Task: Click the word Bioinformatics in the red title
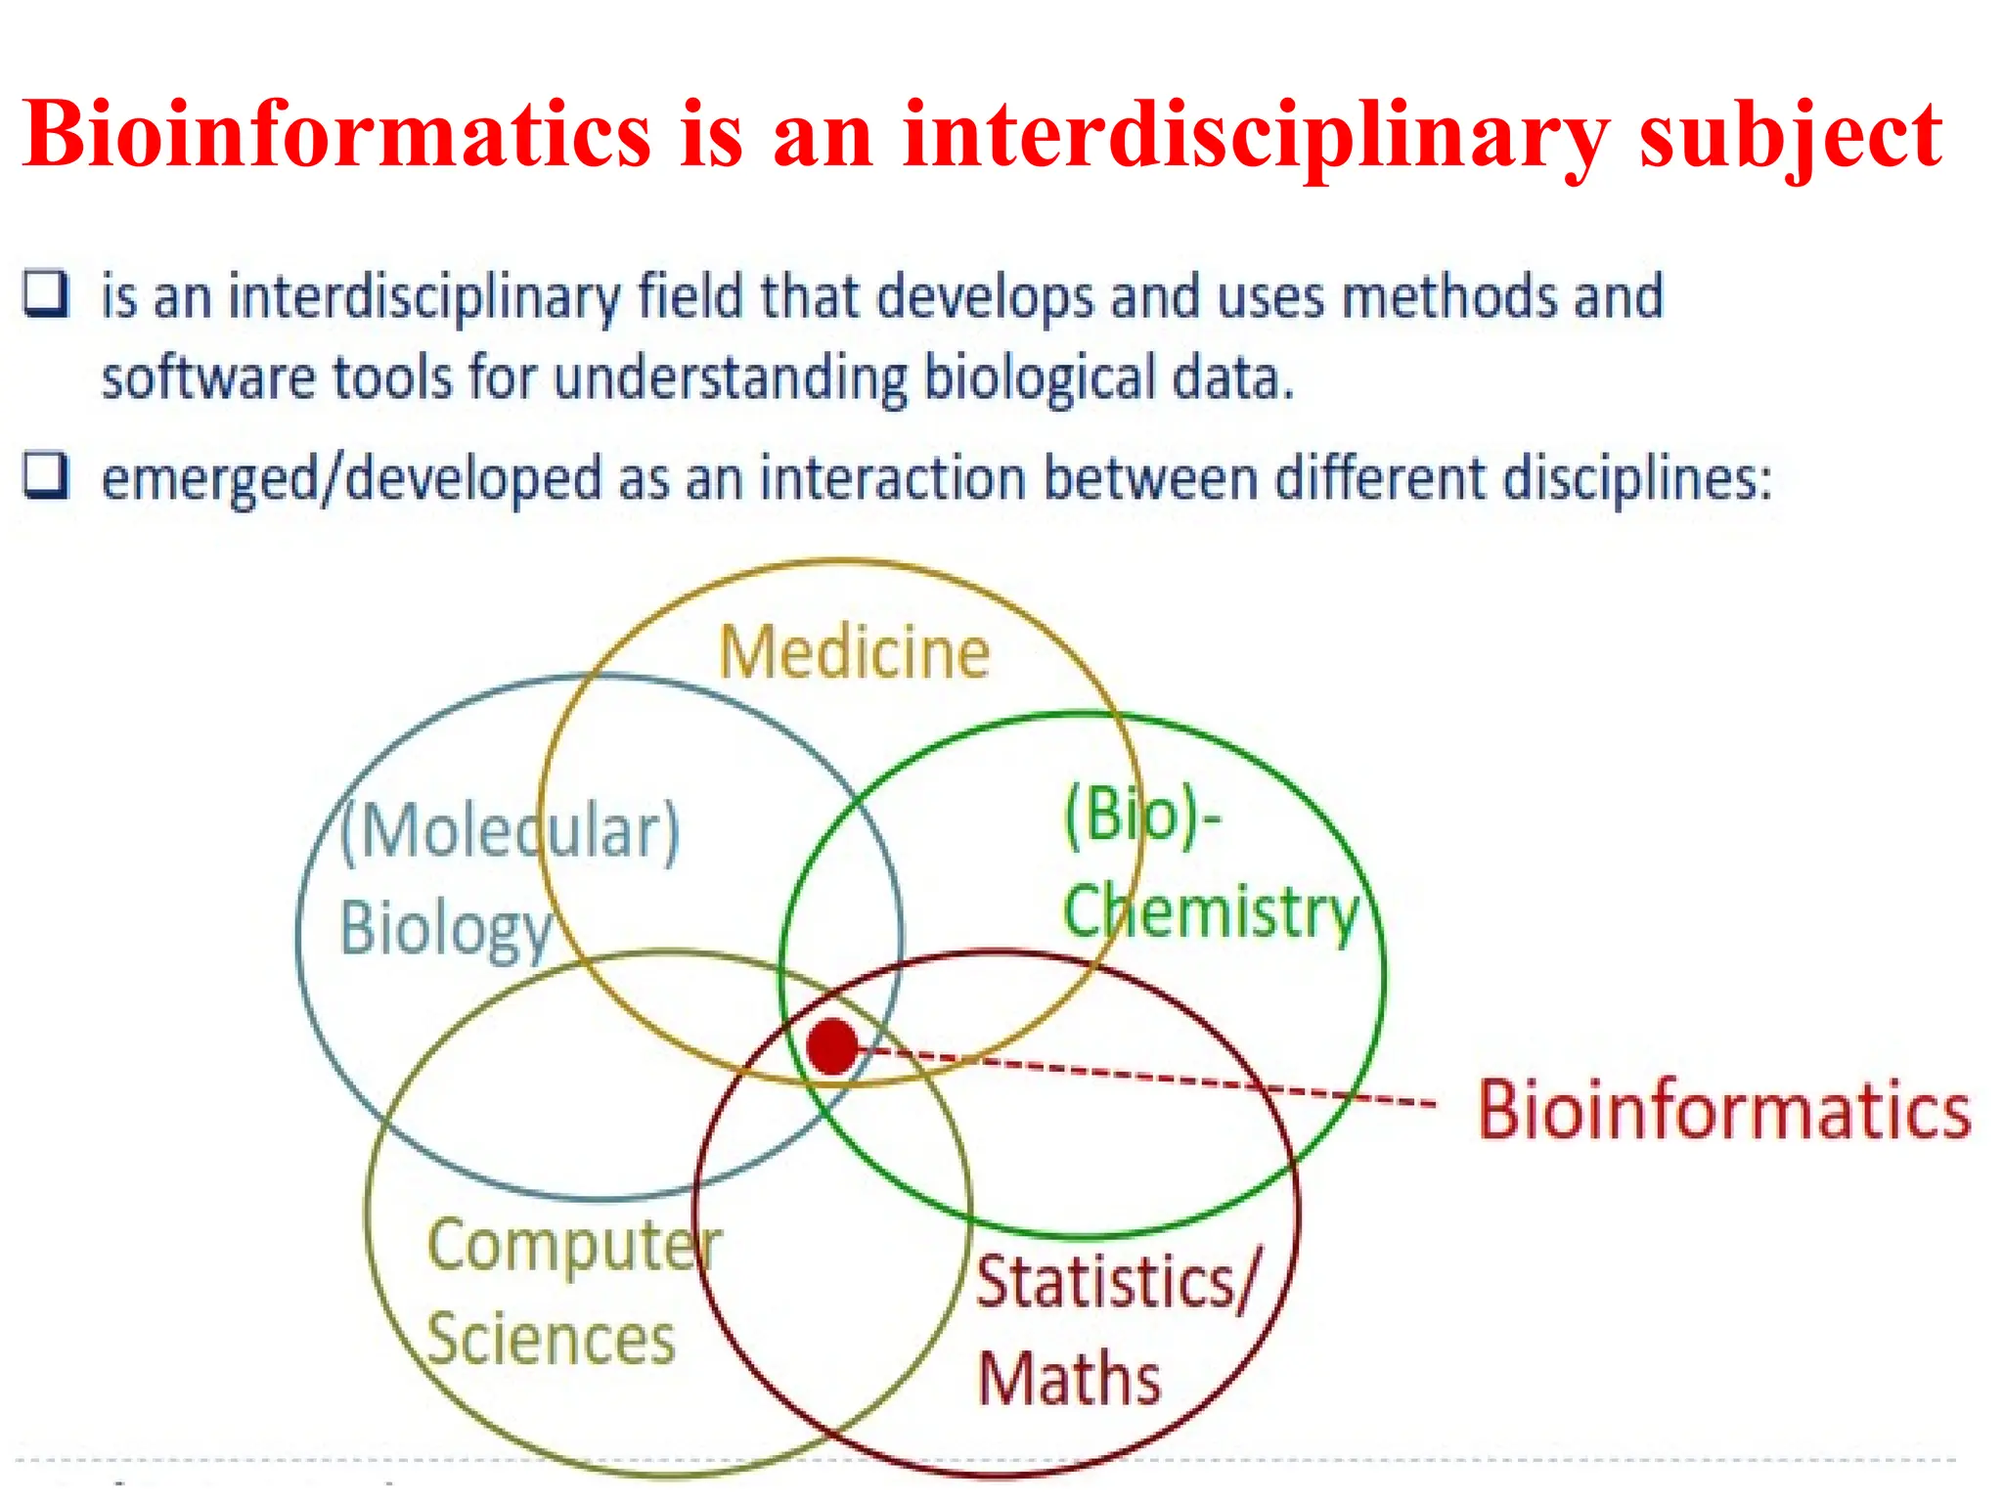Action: coord(336,134)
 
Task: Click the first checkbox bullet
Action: coord(46,294)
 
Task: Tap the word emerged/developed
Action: coord(352,479)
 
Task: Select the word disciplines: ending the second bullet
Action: coord(1637,479)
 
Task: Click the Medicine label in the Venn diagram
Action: coord(855,652)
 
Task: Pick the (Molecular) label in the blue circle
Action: coord(510,831)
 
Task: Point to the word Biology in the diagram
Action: coord(446,927)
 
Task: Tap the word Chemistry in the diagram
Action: coord(1211,910)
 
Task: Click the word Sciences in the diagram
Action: coord(552,1339)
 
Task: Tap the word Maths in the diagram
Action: coord(1070,1378)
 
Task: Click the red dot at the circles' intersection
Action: coord(832,1046)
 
